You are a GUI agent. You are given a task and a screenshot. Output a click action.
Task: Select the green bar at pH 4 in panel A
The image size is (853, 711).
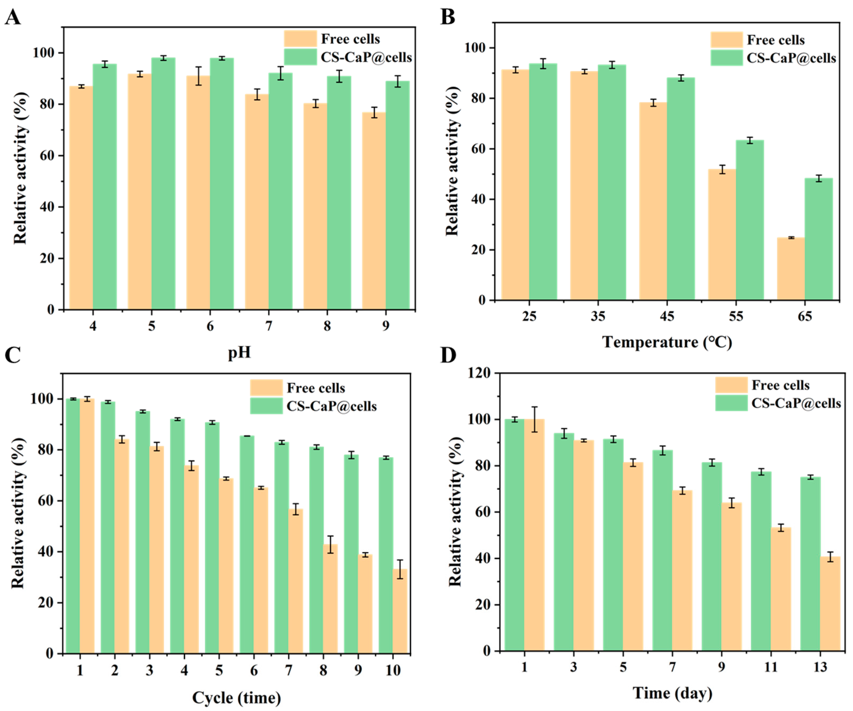pyautogui.click(x=105, y=187)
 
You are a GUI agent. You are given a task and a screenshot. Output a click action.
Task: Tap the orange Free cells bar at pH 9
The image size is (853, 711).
pyautogui.click(x=374, y=211)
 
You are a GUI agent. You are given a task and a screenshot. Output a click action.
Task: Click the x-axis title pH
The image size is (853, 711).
pyautogui.click(x=239, y=352)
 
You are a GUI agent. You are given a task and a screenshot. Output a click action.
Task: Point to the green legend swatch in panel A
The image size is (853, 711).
pyautogui.click(x=300, y=57)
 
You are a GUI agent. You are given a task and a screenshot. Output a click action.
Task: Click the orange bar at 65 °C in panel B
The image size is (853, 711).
pyautogui.click(x=790, y=269)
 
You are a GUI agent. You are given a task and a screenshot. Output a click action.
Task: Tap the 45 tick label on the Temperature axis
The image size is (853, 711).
pyautogui.click(x=667, y=316)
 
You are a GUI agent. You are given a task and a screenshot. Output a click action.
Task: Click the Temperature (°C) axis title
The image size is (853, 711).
pyautogui.click(x=667, y=342)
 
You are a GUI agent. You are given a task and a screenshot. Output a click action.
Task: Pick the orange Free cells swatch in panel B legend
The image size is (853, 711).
pyautogui.click(x=727, y=40)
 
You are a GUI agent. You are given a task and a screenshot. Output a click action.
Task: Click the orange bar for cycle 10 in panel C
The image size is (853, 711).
pyautogui.click(x=400, y=611)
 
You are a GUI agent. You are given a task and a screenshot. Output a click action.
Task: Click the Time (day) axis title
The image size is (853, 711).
pyautogui.click(x=672, y=693)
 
